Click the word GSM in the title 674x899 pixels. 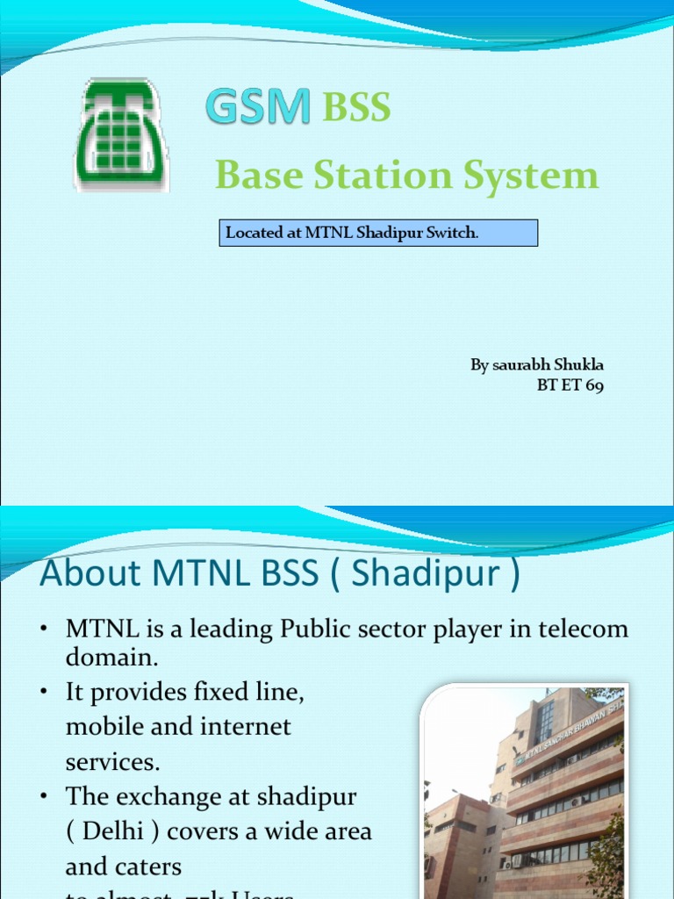tap(258, 108)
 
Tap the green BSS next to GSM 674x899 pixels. tap(356, 108)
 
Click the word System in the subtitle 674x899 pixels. tap(537, 175)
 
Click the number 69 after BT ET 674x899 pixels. tap(594, 385)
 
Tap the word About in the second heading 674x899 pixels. tap(91, 574)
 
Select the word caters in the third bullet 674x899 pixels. tap(149, 866)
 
